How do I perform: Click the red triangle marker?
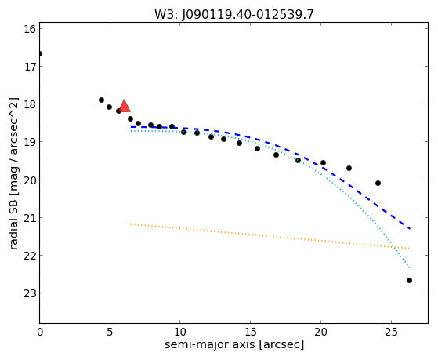point(125,106)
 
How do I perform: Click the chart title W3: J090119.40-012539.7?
point(234,14)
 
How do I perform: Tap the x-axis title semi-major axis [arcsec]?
point(234,344)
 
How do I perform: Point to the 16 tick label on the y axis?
point(30,29)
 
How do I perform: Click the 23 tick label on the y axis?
point(30,293)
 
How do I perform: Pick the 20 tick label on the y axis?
point(30,180)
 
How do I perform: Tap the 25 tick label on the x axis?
point(391,332)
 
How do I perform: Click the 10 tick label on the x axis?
point(180,332)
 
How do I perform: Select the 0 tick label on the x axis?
point(40,332)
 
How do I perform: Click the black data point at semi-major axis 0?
point(40,53)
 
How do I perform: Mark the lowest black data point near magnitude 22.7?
point(409,280)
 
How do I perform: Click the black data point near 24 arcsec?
point(378,184)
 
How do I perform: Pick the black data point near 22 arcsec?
point(349,168)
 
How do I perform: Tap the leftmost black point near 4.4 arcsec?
point(101,100)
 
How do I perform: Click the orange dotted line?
point(270,236)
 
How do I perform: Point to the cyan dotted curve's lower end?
point(410,268)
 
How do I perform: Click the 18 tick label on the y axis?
point(30,104)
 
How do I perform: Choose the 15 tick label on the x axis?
point(250,332)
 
